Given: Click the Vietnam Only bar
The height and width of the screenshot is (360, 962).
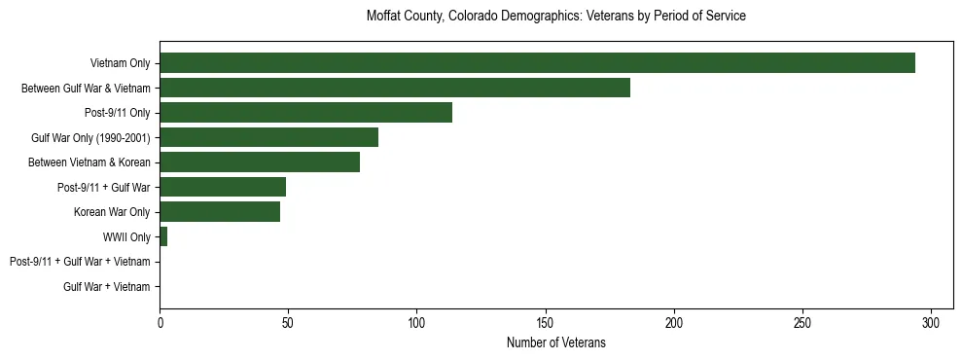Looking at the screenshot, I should tap(537, 63).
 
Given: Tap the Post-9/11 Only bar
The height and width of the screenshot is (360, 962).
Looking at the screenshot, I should tap(305, 113).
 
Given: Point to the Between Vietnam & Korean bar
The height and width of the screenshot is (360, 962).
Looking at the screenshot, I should tap(260, 162).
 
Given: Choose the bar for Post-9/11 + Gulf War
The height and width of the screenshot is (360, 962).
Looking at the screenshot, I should tap(223, 187).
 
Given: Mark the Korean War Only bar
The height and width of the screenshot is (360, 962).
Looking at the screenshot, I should tap(220, 212).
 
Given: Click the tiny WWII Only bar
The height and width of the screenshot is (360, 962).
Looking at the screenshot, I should tap(163, 236).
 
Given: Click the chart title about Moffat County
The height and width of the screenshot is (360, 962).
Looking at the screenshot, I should tap(556, 17).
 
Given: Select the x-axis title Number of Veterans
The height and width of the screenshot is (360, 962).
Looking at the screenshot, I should tap(556, 342).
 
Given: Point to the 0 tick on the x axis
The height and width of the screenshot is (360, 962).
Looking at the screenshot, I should tap(160, 322).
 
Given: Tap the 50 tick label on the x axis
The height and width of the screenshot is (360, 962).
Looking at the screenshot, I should tap(288, 322).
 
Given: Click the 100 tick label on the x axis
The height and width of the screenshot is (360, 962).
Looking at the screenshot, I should tap(416, 322).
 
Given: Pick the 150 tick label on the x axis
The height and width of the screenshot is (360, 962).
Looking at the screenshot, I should tap(546, 322).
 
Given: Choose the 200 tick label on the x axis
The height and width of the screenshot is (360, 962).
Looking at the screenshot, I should tap(674, 322).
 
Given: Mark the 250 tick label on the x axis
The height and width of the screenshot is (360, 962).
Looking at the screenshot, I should tap(802, 322).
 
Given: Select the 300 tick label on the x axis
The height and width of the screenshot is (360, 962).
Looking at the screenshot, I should tap(931, 322).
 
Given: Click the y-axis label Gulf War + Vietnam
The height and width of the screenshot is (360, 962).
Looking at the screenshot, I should tap(107, 287).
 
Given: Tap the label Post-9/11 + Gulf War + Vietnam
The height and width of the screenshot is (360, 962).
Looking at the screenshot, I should tap(80, 262).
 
